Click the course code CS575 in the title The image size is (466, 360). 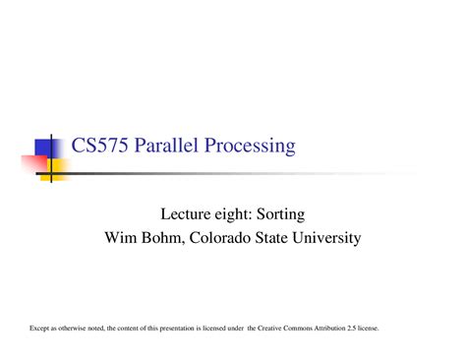click(99, 145)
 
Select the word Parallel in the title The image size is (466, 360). click(166, 145)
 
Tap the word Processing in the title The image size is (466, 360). click(250, 147)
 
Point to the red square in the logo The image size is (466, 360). click(34, 164)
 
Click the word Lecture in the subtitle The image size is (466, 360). click(186, 214)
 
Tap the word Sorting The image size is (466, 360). click(280, 215)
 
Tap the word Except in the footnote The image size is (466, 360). click(39, 329)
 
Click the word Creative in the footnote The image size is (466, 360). click(269, 328)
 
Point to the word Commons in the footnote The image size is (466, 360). click(298, 328)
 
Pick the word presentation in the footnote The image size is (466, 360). click(177, 329)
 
